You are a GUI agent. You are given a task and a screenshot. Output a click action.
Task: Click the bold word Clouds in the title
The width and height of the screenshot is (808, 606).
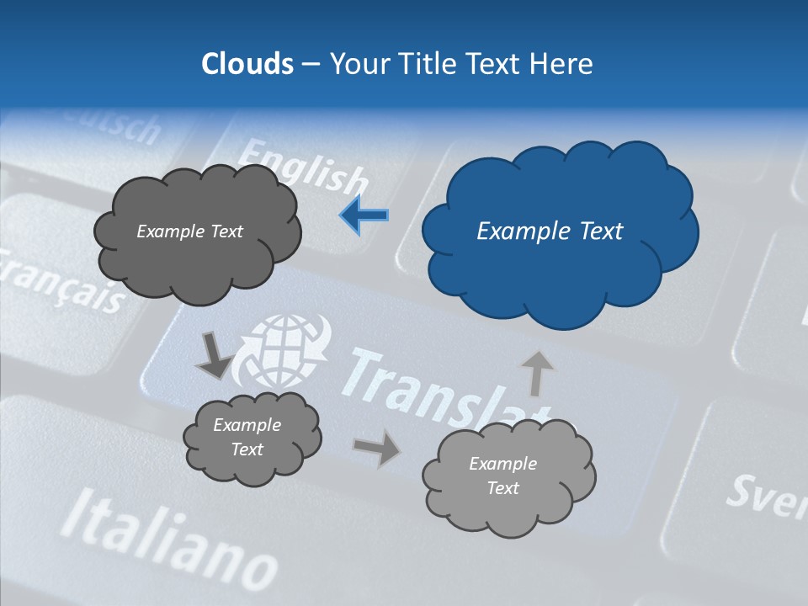click(247, 64)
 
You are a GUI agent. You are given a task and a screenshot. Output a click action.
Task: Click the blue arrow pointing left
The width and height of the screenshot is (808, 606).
click(364, 215)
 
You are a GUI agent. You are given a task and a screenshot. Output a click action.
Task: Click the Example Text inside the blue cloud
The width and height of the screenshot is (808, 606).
click(550, 231)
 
